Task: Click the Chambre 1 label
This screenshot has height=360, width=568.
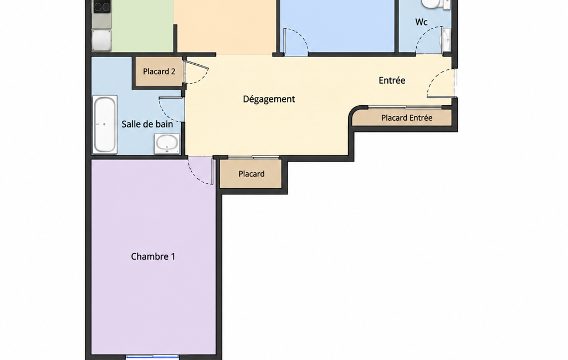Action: tap(153, 256)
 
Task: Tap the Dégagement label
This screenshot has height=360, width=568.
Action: tap(269, 99)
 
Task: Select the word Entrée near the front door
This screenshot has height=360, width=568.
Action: tap(392, 80)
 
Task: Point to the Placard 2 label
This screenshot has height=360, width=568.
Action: tap(159, 71)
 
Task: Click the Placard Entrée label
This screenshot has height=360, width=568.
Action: tap(406, 118)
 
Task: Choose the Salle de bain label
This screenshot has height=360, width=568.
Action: tap(147, 124)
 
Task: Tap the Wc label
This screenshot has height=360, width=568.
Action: tap(421, 22)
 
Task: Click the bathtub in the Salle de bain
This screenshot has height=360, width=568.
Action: tap(105, 124)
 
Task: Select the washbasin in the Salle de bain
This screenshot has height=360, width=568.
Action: tap(167, 143)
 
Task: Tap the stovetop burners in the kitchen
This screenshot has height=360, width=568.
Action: tap(101, 7)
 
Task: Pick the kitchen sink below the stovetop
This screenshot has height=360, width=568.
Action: tap(101, 40)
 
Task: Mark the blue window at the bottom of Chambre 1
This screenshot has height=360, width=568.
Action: tap(152, 357)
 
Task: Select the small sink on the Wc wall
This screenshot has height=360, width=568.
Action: tap(446, 40)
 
